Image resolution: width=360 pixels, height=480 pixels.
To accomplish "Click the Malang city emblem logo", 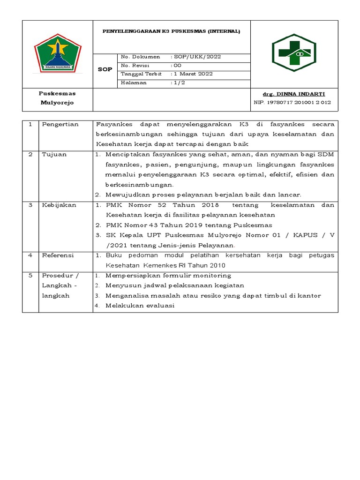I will pos(58,52).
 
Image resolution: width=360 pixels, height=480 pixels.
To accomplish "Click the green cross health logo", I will pos(294,52).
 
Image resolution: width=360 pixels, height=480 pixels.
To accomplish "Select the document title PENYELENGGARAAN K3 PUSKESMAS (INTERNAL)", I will pos(172,31).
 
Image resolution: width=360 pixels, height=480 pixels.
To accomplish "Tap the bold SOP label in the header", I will pos(105,69).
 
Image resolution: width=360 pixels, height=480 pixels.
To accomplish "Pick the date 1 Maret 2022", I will pos(193,74).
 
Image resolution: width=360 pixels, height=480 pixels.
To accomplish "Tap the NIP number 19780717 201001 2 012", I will pos(292,102).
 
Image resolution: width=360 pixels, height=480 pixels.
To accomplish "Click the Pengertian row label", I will pos(60,124).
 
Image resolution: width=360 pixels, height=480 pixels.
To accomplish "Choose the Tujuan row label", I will pos(54,154).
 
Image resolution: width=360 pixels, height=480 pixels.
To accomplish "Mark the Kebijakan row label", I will pos(59,205).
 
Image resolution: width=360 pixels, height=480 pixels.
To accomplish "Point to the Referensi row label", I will pos(59,255).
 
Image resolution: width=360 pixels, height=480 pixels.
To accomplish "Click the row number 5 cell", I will pos(30,276).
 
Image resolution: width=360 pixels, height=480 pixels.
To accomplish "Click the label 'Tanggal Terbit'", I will pos(141,74).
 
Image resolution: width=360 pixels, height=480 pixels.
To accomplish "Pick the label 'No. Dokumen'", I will pos(140,57).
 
